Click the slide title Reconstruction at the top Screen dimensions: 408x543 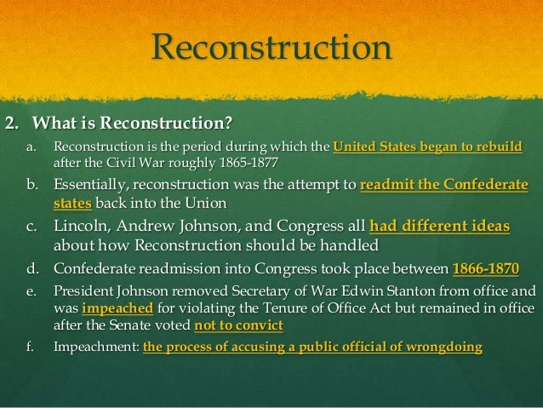pos(271,48)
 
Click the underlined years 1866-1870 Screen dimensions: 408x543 pos(485,268)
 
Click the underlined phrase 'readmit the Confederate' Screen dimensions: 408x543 pos(444,186)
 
